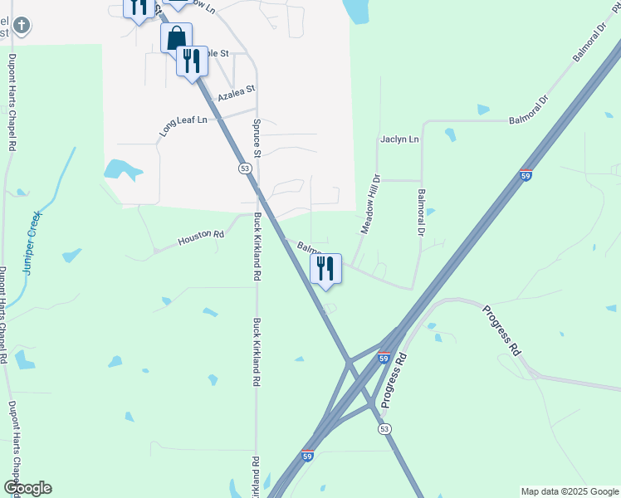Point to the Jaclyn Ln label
coord(399,139)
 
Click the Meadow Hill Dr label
coord(369,203)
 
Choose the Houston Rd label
coord(201,238)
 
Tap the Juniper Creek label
coord(32,242)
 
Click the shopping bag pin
coord(176,38)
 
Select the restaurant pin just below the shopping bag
coord(192,61)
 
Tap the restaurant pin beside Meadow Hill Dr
coord(326,268)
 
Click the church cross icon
coord(22,26)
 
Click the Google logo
coord(27,488)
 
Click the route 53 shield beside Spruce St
coord(244,168)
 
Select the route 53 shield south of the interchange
coord(384,428)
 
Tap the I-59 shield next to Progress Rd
coord(383,357)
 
